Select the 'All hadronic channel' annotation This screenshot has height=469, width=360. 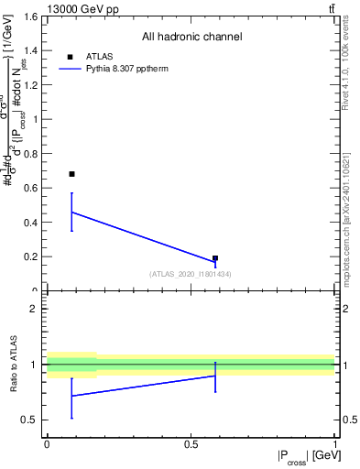pyautogui.click(x=191, y=38)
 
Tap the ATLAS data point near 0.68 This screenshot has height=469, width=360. pyautogui.click(x=72, y=174)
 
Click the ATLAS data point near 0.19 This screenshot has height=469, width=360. pyautogui.click(x=215, y=258)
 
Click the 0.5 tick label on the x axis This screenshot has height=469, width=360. pyautogui.click(x=191, y=444)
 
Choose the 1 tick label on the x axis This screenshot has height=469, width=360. pyautogui.click(x=334, y=444)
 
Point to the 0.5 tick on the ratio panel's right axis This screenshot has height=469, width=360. pyautogui.click(x=348, y=420)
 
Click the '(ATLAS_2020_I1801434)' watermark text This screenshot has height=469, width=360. pyautogui.click(x=191, y=274)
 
